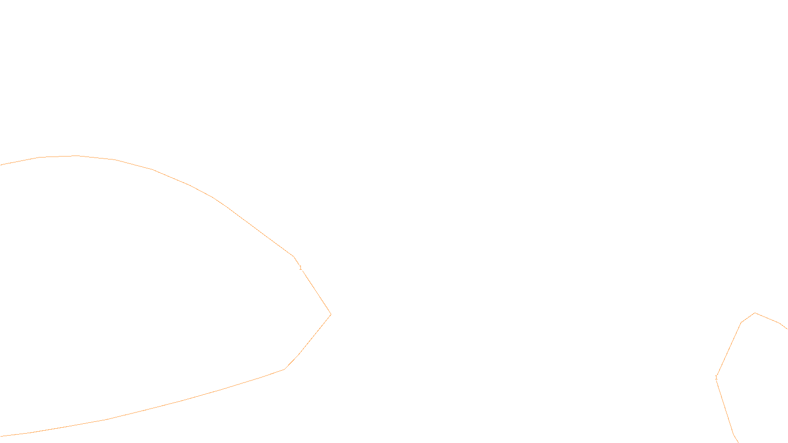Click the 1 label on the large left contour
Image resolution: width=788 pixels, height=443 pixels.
coord(300,268)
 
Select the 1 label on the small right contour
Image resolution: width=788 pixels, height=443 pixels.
coord(716,378)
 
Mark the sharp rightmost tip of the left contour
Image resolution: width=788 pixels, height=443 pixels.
coord(331,314)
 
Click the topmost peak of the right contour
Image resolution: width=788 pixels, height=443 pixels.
coord(755,313)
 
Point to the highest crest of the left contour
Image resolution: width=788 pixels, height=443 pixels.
coord(75,156)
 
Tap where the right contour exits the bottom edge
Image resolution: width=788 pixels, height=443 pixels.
coord(738,442)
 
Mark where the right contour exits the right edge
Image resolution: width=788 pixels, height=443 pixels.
coord(787,328)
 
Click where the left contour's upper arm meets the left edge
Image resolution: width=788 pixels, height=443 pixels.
coord(1,165)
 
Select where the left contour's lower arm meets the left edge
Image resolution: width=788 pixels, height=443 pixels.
coord(1,436)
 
